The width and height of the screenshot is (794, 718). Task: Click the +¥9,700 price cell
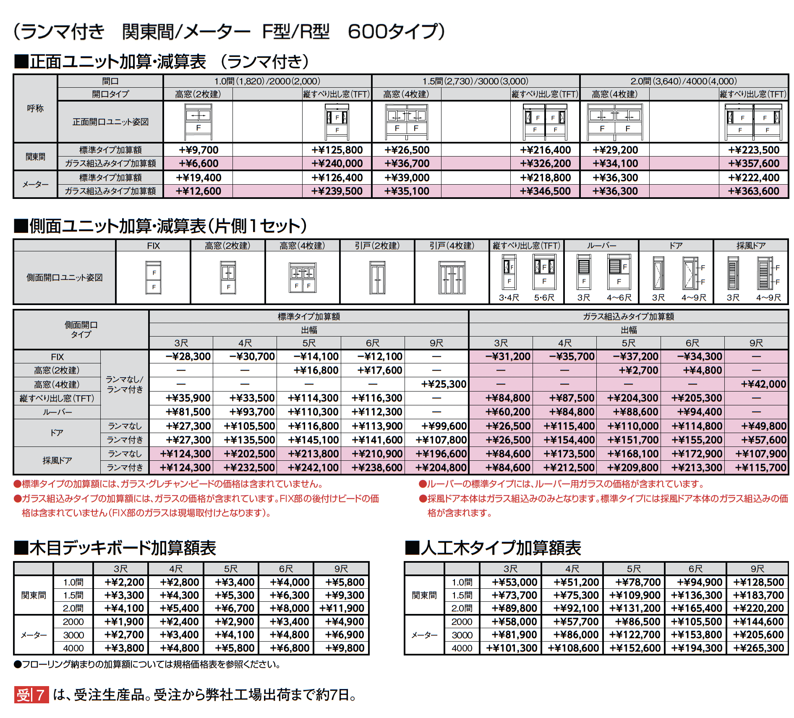pos(198,150)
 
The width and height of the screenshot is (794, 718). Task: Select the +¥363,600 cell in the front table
pos(754,191)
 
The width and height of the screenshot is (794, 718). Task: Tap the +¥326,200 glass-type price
pos(545,164)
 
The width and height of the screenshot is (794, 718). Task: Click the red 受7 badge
pos(31,695)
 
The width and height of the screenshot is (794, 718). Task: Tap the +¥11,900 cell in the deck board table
pos(342,608)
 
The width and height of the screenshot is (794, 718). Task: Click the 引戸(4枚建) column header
pos(452,246)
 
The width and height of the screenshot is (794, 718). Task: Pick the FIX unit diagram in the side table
pos(154,277)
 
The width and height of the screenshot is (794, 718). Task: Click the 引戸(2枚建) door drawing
pos(377,278)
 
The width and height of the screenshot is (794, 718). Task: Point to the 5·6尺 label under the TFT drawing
pos(544,298)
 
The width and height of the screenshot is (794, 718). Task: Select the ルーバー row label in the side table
pos(57,412)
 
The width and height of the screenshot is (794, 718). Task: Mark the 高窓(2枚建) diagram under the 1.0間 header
pos(198,121)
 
